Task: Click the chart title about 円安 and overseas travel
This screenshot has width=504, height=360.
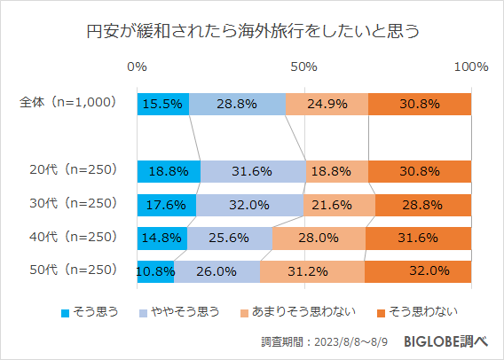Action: (251, 32)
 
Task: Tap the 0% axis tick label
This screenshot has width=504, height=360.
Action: (138, 67)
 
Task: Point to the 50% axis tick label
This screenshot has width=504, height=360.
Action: (304, 67)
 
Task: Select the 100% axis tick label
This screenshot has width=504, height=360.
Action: (470, 67)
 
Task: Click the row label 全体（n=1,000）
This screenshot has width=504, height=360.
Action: (68, 102)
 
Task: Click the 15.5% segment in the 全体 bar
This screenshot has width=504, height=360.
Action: (163, 103)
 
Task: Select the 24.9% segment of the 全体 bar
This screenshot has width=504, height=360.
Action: (327, 103)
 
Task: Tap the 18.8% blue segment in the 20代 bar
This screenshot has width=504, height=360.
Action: (169, 171)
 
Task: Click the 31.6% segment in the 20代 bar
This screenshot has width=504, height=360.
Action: (253, 171)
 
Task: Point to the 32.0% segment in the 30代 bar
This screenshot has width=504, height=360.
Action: (249, 205)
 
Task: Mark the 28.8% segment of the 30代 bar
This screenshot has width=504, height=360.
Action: (423, 205)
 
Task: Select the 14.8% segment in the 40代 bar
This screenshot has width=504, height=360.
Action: (162, 238)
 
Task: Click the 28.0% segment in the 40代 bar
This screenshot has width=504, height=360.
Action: (319, 238)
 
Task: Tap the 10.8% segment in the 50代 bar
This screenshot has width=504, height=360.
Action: (155, 271)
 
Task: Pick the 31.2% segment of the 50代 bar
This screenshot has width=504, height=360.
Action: (312, 271)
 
